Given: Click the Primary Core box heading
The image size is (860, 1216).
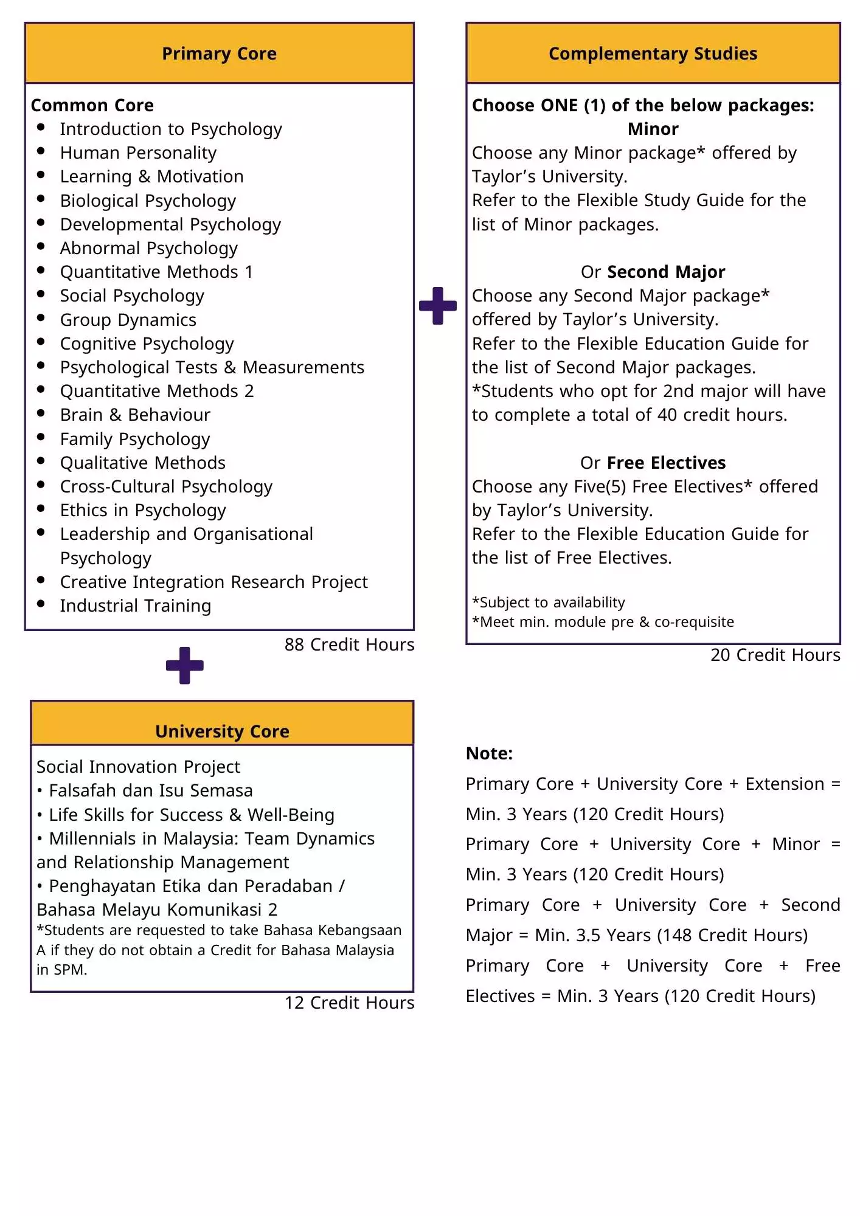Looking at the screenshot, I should tap(219, 54).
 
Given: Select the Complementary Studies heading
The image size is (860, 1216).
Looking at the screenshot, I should tap(653, 54).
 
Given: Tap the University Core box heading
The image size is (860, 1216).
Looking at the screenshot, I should tap(222, 731).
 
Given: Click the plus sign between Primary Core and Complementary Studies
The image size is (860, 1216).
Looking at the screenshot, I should tap(438, 306).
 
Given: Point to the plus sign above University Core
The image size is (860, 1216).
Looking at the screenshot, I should tap(185, 665).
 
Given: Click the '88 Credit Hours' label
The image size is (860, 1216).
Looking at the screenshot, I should tap(349, 644).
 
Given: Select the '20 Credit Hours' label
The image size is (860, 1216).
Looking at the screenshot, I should tap(775, 655).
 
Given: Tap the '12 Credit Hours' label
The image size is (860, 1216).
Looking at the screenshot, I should tap(349, 1003).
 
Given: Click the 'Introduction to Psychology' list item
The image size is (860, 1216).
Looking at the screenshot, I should tap(171, 129).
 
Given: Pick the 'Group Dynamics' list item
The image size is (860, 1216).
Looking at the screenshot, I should tap(128, 320).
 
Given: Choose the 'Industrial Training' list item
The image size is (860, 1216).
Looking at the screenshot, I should tap(135, 606).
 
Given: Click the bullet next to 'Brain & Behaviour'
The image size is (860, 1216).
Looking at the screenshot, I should tap(41, 413).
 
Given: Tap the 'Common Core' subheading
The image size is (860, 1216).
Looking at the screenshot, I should tap(92, 105).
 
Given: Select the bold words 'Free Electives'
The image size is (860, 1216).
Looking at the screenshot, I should tap(666, 463).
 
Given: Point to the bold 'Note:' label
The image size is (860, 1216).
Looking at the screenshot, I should tap(489, 753).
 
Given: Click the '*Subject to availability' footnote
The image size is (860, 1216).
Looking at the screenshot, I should tap(549, 603).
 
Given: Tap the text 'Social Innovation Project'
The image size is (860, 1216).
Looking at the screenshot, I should tap(138, 767).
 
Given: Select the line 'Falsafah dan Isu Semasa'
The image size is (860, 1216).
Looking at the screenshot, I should tap(150, 790).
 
